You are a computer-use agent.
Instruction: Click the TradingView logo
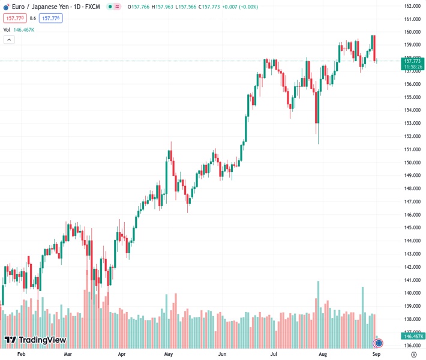(x=35, y=340)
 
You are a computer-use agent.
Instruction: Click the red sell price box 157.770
(x=14, y=18)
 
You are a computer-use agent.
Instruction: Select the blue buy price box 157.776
(x=50, y=18)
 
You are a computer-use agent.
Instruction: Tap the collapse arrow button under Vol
(x=9, y=40)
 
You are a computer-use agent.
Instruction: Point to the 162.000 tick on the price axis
(x=411, y=6)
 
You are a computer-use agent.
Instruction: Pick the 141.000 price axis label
(x=411, y=280)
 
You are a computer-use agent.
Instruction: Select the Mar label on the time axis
(x=68, y=355)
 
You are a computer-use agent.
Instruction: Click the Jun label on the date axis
(x=223, y=355)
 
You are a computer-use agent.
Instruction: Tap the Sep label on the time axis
(x=377, y=355)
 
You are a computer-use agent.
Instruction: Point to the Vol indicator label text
(x=7, y=29)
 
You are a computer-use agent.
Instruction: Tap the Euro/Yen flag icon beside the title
(x=6, y=7)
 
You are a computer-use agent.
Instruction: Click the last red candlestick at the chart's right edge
(x=374, y=48)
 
